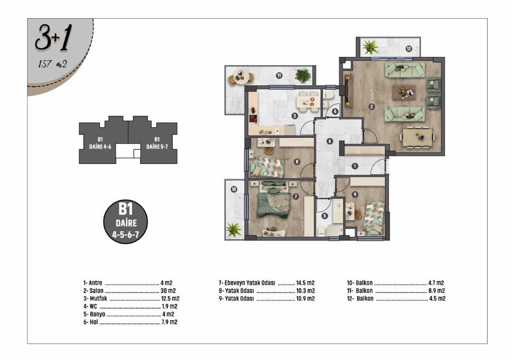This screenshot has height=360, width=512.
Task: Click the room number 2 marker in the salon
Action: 372,107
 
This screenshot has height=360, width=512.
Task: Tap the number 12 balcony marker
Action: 409,48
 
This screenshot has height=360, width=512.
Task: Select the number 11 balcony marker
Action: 279,76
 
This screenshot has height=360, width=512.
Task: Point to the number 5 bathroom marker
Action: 324,216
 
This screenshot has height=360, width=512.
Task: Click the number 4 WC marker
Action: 335,112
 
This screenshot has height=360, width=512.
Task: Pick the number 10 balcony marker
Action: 234,189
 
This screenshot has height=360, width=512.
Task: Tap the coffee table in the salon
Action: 404,93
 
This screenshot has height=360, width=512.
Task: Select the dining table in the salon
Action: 417,137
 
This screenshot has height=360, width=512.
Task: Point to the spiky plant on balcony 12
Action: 370,47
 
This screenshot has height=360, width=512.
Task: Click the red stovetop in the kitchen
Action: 253,118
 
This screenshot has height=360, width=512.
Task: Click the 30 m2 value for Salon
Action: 168,291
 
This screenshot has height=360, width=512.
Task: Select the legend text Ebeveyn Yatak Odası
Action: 250,283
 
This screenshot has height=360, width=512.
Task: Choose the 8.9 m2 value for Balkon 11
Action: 436,291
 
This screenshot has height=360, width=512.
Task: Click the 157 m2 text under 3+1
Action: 53,64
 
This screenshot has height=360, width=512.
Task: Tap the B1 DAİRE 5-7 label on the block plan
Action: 157,143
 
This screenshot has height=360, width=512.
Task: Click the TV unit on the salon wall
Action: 348,91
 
